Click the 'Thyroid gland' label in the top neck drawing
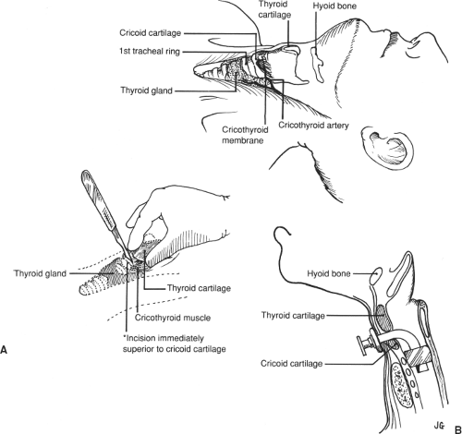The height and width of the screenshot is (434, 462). coord(140,90)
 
